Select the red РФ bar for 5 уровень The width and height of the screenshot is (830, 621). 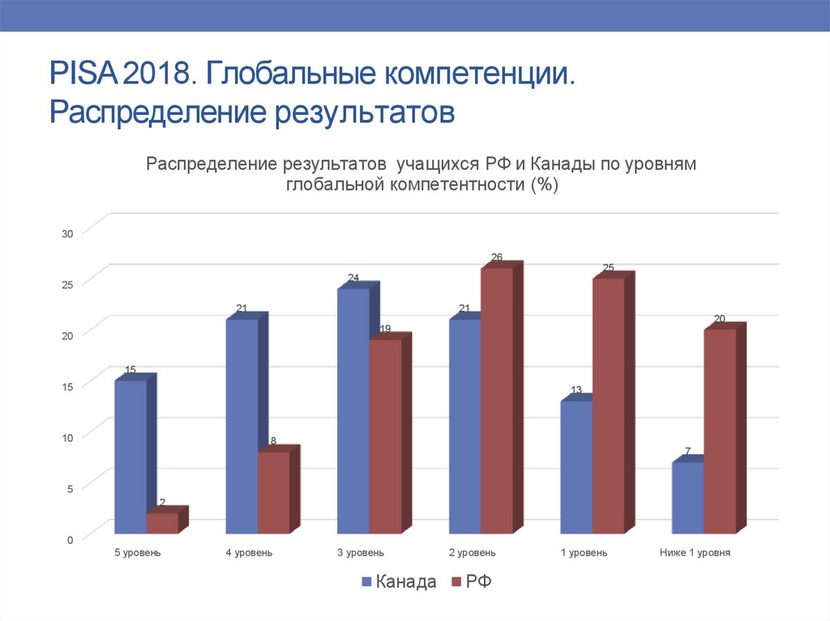coord(161,523)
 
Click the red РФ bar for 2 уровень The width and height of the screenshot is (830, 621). coord(496,400)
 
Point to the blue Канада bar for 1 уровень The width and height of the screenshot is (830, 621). coord(576,467)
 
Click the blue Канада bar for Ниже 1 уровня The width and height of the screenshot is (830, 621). coord(687,497)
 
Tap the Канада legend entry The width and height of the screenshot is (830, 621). coord(399,582)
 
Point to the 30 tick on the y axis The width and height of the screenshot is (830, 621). coord(67,234)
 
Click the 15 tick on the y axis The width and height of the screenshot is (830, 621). coord(67,386)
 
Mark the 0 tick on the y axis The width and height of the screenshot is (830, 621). coord(70,539)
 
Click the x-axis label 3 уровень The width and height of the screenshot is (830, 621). coord(361,553)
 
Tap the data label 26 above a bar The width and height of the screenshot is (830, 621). coord(496,257)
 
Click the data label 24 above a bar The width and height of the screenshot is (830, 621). coord(353,278)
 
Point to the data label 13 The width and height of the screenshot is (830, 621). coord(576,390)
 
